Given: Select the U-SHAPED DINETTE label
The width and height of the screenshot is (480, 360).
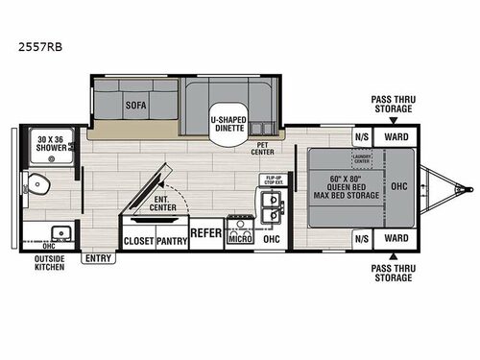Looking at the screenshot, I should pyautogui.click(x=229, y=122).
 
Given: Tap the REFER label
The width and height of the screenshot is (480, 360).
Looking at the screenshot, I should pyautogui.click(x=206, y=233).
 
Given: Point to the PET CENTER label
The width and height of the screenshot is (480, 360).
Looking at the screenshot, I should pyautogui.click(x=264, y=149).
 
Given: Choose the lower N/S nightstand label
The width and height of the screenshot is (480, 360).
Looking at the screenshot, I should pyautogui.click(x=361, y=236).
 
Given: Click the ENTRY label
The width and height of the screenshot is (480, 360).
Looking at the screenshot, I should pyautogui.click(x=97, y=257).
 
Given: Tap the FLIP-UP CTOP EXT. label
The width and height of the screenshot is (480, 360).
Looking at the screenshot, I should pyautogui.click(x=271, y=180).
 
